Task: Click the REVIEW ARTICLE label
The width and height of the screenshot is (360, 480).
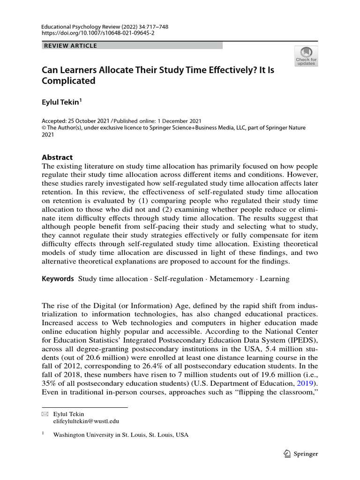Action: point(70,45)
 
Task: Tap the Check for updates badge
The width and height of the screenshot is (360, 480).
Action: point(306,56)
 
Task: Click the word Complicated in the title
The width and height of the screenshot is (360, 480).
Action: point(68,81)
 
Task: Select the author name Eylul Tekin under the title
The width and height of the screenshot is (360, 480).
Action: point(62,101)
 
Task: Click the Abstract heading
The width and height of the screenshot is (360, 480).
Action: point(57,157)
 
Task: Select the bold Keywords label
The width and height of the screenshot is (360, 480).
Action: point(58,279)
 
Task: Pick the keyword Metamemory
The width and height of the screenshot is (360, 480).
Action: point(232,279)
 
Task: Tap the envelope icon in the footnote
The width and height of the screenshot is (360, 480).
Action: point(45,414)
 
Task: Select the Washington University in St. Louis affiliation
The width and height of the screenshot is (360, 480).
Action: point(120,435)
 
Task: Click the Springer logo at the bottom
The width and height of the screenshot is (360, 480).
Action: point(301,454)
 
